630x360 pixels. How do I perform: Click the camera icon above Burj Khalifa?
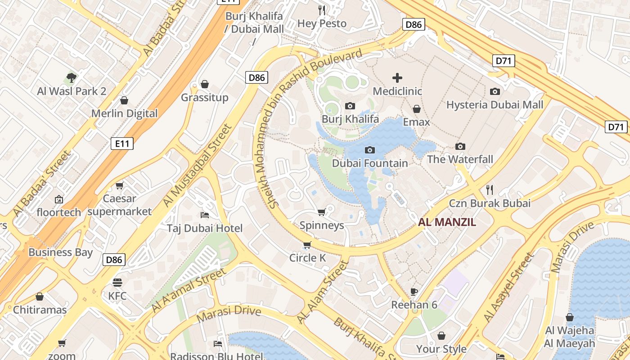[x=350, y=106]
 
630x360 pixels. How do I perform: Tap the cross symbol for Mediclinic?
[x=397, y=78]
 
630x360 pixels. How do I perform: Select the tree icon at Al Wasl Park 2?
[x=71, y=78]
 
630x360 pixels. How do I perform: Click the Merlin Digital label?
[x=125, y=113]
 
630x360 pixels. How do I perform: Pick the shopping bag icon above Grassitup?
[x=205, y=84]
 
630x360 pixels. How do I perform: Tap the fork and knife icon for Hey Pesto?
[x=322, y=10]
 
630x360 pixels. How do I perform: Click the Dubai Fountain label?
[x=370, y=163]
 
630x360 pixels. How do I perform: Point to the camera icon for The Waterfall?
[x=460, y=146]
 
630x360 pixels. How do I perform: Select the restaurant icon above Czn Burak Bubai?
[x=490, y=190]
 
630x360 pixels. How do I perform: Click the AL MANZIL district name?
[x=447, y=222]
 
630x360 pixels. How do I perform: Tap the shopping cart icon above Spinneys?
[x=321, y=212]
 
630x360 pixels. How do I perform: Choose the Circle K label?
[x=307, y=258]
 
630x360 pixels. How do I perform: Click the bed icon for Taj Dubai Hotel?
[x=204, y=215]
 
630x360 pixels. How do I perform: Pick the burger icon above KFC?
[x=117, y=283]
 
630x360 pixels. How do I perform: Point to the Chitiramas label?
[x=40, y=310]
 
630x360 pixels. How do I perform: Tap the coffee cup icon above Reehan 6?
[x=414, y=292]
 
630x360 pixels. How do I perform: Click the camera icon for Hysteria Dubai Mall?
[x=495, y=92]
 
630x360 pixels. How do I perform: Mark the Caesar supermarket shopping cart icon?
[x=120, y=185]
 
